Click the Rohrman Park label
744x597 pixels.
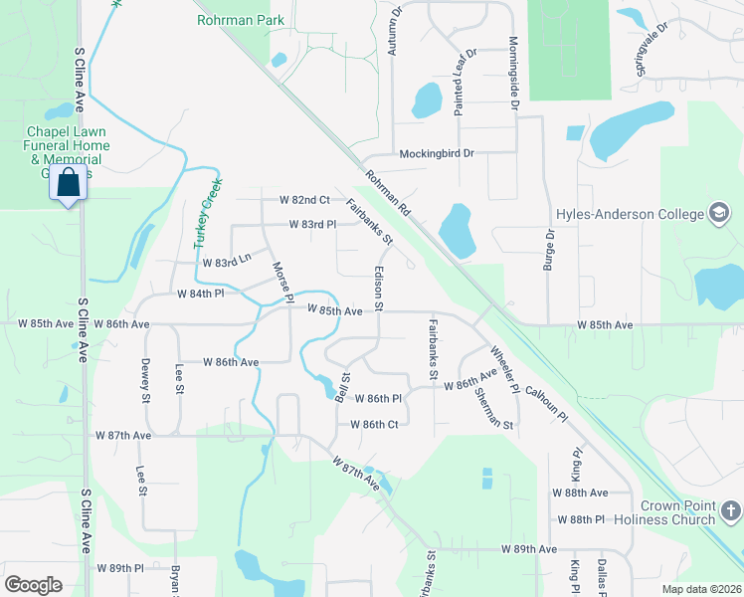pos(241,20)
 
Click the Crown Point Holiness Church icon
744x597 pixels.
pos(731,512)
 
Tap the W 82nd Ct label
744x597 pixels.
pos(303,200)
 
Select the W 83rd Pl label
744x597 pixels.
pos(311,225)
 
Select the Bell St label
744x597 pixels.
pos(344,385)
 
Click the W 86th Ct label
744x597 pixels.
pos(373,424)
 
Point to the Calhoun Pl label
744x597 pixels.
pos(546,402)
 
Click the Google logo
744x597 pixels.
pos(33,584)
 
